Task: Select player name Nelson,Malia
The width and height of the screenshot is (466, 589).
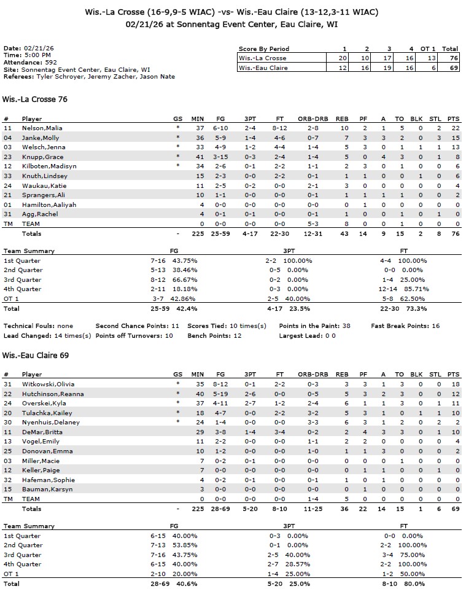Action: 42,128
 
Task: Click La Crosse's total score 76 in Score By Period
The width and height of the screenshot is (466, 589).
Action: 452,58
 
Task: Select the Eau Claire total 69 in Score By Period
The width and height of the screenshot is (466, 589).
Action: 452,68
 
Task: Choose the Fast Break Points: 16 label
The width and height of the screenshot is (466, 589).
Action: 405,326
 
